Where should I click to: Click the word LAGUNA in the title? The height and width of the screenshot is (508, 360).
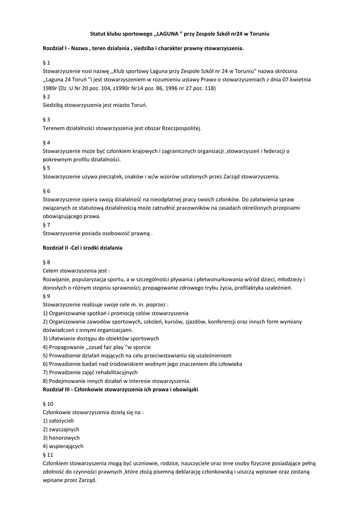(x=168, y=34)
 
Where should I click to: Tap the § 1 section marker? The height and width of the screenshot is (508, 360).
(x=47, y=63)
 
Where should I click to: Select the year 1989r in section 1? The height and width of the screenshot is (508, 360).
(x=51, y=88)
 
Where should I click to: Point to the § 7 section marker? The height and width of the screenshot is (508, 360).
(x=47, y=225)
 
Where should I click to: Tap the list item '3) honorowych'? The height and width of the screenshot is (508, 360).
(x=61, y=438)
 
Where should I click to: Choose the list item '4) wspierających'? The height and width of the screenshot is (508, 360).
(x=63, y=446)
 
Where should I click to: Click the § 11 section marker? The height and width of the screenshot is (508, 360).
(x=48, y=454)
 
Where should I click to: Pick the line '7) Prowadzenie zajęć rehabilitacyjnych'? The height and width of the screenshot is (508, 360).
(x=90, y=372)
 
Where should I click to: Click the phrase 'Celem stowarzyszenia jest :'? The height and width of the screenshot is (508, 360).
(x=76, y=271)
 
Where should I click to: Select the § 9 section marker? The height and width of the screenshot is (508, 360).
(x=47, y=296)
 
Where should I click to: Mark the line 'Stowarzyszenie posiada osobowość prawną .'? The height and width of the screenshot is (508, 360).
(x=98, y=233)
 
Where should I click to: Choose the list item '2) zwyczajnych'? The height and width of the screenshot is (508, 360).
(x=61, y=429)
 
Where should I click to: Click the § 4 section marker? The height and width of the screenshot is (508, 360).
(x=47, y=142)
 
